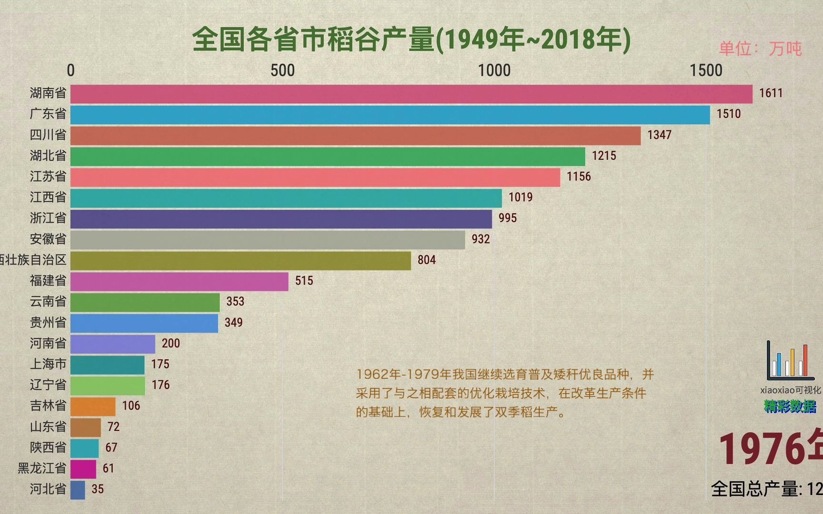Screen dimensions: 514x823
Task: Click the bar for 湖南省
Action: click(411, 94)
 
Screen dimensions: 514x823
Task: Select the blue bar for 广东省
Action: click(390, 115)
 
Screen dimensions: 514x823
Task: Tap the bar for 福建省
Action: click(179, 281)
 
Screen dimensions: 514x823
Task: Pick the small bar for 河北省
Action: click(78, 490)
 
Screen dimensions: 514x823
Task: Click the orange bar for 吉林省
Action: click(93, 406)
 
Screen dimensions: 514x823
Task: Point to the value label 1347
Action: click(659, 135)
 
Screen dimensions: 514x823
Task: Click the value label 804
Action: click(426, 260)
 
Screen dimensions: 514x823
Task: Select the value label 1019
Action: click(520, 198)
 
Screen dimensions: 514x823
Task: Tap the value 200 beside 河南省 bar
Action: click(171, 343)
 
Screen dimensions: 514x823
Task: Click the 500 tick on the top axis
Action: click(282, 71)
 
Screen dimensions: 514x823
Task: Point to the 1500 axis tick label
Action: click(706, 71)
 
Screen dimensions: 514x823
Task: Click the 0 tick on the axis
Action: click(71, 71)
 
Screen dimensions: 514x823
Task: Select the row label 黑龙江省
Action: click(42, 468)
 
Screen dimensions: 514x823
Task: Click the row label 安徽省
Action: click(48, 239)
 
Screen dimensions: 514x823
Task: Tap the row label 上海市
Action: click(48, 364)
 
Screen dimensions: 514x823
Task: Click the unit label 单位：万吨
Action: click(760, 49)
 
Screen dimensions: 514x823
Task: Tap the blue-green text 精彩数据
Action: click(790, 406)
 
